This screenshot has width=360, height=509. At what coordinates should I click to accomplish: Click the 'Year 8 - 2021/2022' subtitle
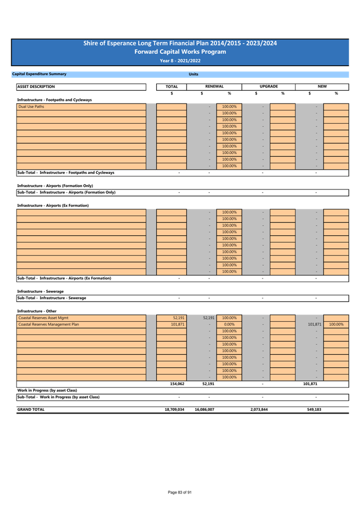click(x=180, y=61)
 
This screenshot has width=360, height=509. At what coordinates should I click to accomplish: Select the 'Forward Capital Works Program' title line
click(x=180, y=52)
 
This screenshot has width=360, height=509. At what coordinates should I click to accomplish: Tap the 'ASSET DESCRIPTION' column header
click(x=36, y=86)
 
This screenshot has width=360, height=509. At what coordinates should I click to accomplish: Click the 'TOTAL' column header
click(x=172, y=86)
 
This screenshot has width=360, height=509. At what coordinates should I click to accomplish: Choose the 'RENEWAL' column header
click(x=214, y=86)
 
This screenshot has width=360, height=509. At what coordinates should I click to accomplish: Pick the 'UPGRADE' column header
click(x=269, y=86)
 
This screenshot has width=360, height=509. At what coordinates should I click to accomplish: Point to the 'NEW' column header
click(x=322, y=86)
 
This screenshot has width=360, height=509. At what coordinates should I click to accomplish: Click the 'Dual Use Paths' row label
click(x=31, y=107)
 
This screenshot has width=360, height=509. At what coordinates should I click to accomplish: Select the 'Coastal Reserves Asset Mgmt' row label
click(x=43, y=318)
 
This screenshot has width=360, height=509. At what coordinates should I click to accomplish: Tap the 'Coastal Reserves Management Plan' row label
click(x=49, y=324)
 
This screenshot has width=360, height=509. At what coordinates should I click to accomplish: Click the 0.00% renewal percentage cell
click(x=229, y=324)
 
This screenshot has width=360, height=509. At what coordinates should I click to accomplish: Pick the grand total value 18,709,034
click(x=174, y=409)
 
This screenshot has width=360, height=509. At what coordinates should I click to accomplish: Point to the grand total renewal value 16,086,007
click(x=204, y=409)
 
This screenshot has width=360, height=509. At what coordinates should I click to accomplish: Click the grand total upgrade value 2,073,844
click(x=259, y=409)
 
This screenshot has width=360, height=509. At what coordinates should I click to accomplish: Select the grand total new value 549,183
click(x=314, y=409)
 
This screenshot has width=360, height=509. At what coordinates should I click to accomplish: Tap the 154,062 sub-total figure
click(x=177, y=384)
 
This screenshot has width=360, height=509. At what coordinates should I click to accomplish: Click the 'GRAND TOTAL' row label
click(x=31, y=409)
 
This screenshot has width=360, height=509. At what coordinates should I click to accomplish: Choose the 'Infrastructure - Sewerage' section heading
click(x=40, y=291)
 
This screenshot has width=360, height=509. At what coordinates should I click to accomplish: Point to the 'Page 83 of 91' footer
click(x=180, y=492)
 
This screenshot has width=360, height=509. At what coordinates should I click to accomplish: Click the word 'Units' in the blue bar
click(x=194, y=74)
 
